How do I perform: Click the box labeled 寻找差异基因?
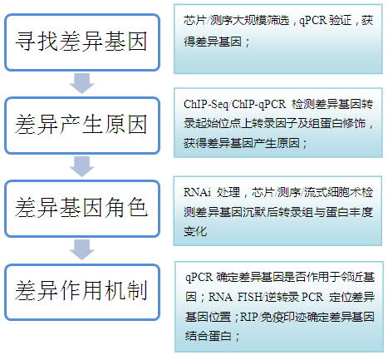(x=82, y=42)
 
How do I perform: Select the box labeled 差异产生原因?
(x=82, y=126)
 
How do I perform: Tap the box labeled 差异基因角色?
(x=82, y=209)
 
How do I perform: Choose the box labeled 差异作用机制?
(x=82, y=292)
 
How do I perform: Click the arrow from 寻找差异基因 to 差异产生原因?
(x=81, y=83)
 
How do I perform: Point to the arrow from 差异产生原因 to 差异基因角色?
(x=81, y=166)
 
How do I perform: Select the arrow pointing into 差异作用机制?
(x=81, y=250)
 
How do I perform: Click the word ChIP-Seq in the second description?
(x=205, y=105)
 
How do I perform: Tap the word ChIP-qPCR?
(x=258, y=105)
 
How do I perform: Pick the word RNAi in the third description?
(x=197, y=192)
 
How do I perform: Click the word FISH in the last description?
(x=249, y=297)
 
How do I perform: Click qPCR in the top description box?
(x=313, y=21)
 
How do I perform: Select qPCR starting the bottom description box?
(x=199, y=277)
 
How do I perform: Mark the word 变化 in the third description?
(x=195, y=231)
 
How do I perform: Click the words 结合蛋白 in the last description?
(x=209, y=336)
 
